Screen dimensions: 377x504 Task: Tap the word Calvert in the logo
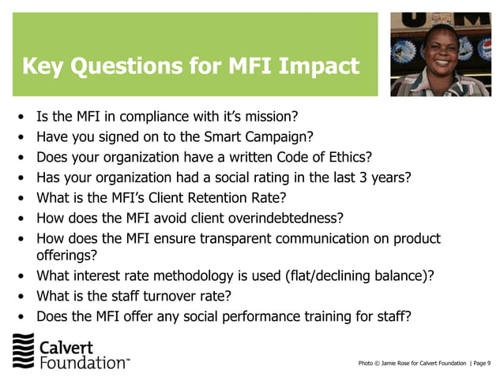click(66, 347)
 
